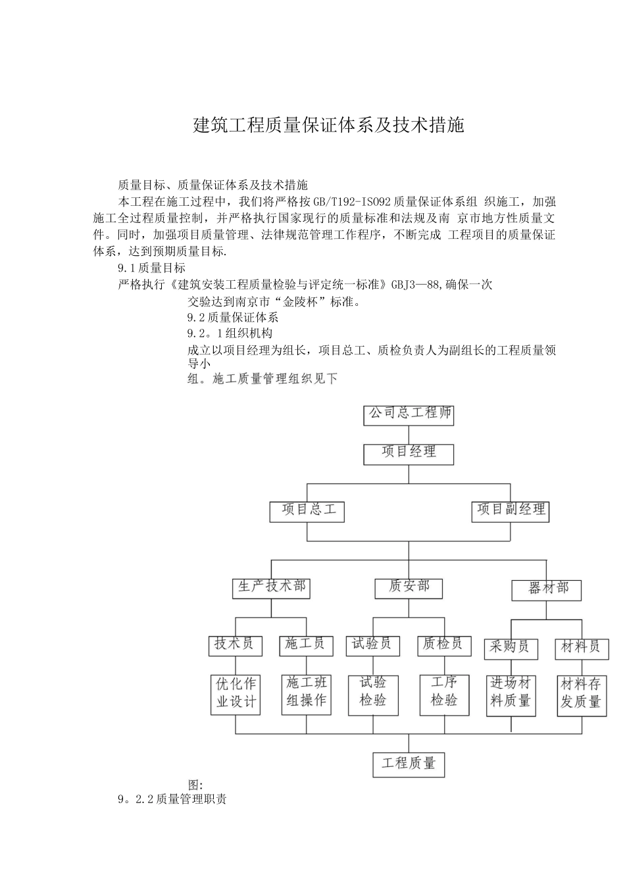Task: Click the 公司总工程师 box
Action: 409,414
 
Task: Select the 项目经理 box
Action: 409,453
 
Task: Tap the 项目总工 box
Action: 307,511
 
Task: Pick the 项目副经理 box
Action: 511,511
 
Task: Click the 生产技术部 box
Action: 271,587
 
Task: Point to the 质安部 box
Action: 409,587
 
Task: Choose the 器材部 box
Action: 547,589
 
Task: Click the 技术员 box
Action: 235,645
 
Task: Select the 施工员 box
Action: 305,645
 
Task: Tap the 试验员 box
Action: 372,645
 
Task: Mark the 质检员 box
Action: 443,645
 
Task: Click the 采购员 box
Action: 511,649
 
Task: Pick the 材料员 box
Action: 582,649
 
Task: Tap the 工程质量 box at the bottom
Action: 409,764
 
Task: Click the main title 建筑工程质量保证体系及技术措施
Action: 328,125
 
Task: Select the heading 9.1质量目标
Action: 151,268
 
